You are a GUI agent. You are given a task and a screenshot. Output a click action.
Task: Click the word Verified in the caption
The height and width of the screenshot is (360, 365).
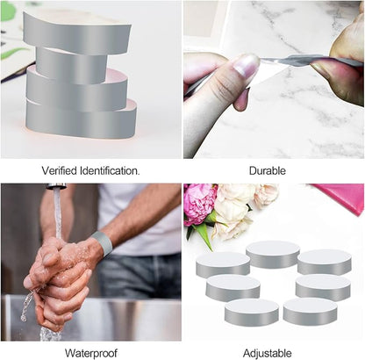[x=60, y=170]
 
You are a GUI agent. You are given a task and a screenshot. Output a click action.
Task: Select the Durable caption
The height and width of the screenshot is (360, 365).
[x=268, y=170]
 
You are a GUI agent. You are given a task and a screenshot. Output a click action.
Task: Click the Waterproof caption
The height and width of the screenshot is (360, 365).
[x=91, y=353]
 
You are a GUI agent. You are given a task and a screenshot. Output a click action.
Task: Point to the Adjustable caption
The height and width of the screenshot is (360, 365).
[x=268, y=353]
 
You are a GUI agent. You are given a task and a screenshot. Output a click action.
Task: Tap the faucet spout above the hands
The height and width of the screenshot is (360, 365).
[x=56, y=186]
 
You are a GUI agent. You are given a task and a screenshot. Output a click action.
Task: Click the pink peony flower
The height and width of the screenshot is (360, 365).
[x=201, y=204]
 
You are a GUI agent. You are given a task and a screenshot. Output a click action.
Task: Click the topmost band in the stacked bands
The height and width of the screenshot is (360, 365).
[x=76, y=33]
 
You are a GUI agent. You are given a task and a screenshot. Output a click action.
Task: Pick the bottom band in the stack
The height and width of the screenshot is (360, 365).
[x=81, y=120]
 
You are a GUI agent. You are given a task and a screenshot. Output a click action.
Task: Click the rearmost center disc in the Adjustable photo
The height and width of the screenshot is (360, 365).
[x=273, y=254]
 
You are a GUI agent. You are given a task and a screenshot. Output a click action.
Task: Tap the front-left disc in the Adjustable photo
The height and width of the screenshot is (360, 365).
[x=252, y=312]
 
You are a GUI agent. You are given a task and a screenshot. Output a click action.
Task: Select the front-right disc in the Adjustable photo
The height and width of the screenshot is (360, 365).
[x=310, y=311]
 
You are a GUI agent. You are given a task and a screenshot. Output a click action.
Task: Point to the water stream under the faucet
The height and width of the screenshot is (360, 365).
[x=57, y=212]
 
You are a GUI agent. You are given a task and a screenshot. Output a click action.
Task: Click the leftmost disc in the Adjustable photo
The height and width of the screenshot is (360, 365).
[x=223, y=264]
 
